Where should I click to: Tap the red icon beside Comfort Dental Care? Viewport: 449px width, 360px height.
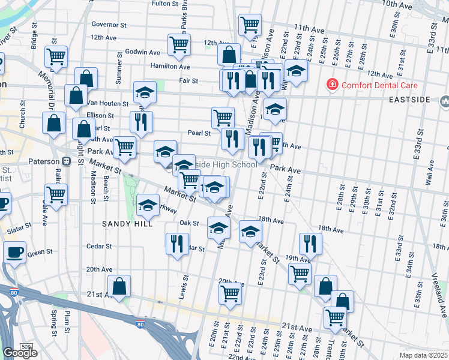pos(331,85)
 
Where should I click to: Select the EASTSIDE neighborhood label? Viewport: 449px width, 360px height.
pos(410,99)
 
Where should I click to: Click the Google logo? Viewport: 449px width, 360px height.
pos(20,353)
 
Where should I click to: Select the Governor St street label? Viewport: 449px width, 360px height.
pos(109,25)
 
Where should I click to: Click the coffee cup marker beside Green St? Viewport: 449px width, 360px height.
pos(14,251)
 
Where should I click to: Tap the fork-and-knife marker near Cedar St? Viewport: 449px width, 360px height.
pos(176,243)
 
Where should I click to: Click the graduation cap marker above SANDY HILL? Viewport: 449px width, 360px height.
pos(148,205)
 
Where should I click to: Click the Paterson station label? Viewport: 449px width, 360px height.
pos(44,162)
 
